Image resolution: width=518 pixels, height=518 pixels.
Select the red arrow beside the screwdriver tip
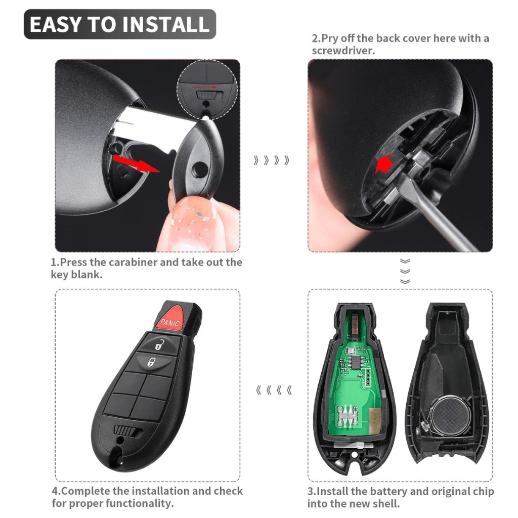point(383,163)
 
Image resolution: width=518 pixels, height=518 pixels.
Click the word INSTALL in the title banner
point(168,24)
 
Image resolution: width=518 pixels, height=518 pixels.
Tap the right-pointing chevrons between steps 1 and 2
point(272,160)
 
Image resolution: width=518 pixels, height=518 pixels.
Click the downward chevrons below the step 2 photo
point(405,271)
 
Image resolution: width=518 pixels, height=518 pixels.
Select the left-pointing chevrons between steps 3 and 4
point(274,391)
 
